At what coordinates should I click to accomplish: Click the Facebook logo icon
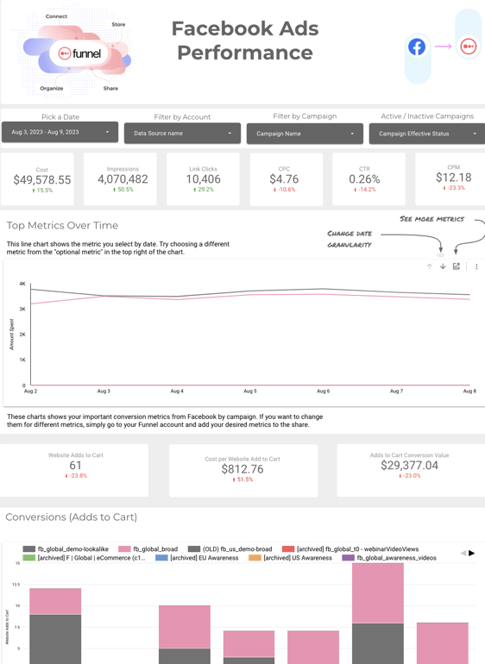[x=417, y=47]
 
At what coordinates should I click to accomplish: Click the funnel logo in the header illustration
[x=79, y=53]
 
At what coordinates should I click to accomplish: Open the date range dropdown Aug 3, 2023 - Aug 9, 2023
[x=60, y=133]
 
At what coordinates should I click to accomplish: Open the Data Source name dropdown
[x=182, y=134]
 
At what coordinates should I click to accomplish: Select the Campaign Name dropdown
[x=305, y=134]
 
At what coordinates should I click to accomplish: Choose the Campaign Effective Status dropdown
[x=427, y=134]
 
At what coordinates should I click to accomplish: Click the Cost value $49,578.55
[x=42, y=180]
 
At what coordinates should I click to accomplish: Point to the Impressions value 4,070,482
[x=123, y=179]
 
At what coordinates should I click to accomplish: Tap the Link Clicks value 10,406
[x=204, y=179]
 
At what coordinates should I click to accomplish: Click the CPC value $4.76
[x=284, y=179]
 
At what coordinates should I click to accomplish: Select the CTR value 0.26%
[x=364, y=179]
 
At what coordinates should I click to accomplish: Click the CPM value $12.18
[x=453, y=177]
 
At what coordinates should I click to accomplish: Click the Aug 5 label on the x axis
[x=249, y=392]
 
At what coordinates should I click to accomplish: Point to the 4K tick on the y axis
[x=23, y=284]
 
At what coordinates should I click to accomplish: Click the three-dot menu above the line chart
[x=476, y=266]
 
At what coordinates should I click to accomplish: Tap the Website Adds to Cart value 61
[x=76, y=466]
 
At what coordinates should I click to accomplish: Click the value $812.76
[x=243, y=469]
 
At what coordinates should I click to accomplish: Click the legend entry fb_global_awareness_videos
[x=396, y=558]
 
